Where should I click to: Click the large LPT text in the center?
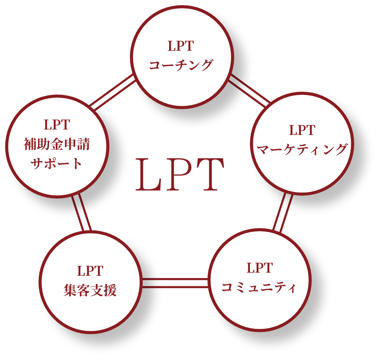point(180,175)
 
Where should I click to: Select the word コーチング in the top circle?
point(181,65)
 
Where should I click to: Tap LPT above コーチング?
point(181,46)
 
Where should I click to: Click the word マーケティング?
point(302,149)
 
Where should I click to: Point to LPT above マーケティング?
point(302,131)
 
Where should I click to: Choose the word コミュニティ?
point(259,287)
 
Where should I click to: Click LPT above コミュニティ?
point(259,268)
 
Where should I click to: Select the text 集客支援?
point(90,290)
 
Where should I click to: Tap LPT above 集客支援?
point(90,271)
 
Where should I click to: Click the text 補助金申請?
point(57,144)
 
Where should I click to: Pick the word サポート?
point(57,163)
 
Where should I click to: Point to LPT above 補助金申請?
point(57,125)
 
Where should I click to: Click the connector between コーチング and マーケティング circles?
point(249,90)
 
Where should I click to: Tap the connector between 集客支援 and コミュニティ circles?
point(175,283)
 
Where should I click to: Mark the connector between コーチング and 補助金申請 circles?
point(112,92)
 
